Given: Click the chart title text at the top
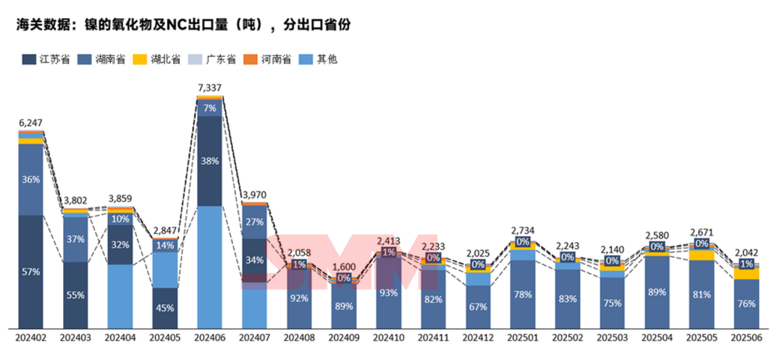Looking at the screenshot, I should click(184, 25).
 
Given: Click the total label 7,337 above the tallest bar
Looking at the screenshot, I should click(209, 88).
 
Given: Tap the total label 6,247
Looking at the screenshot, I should click(31, 123).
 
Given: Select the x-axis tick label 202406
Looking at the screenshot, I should click(209, 338).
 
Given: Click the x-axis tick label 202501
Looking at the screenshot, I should click(522, 338).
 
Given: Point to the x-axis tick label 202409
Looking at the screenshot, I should click(343, 338).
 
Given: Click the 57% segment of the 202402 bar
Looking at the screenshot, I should click(31, 272).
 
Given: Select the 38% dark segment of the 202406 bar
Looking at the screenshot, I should click(209, 162).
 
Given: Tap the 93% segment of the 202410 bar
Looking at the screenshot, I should click(388, 293).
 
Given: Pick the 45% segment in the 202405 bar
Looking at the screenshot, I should click(165, 307).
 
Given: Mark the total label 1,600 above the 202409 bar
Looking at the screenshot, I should click(343, 267).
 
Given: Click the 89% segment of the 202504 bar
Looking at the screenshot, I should click(656, 292).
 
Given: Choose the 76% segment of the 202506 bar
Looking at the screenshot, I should click(745, 304).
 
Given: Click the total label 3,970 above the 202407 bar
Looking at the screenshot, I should click(254, 194).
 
